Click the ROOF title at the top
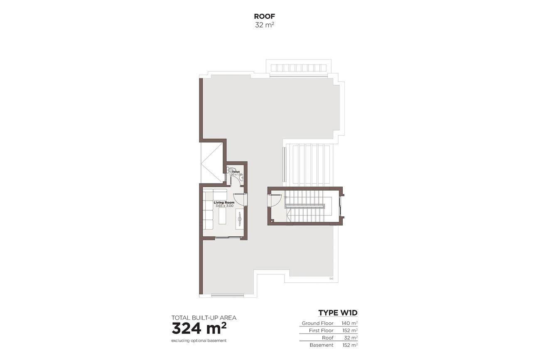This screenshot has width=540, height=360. [265, 17]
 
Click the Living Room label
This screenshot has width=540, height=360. [224, 203]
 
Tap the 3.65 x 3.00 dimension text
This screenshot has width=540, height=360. [224, 206]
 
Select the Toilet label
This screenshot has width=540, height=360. [236, 171]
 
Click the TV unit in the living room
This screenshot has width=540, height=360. [239, 219]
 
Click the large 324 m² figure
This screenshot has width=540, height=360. [199, 328]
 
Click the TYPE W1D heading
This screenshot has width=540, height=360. [338, 313]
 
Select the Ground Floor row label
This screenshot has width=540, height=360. [317, 323]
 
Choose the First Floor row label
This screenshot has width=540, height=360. [321, 331]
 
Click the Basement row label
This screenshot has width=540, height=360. [322, 345]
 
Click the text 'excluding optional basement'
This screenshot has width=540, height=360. [199, 341]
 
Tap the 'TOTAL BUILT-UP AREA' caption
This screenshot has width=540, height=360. [204, 318]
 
